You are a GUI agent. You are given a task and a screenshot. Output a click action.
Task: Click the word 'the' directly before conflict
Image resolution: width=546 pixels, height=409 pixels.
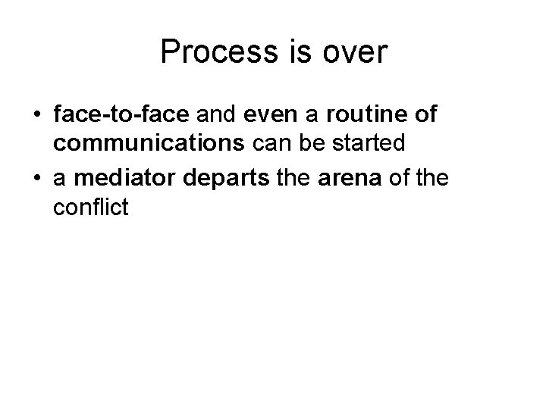tap(433, 180)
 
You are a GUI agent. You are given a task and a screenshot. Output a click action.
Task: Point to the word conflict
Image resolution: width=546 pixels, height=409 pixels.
tap(92, 206)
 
